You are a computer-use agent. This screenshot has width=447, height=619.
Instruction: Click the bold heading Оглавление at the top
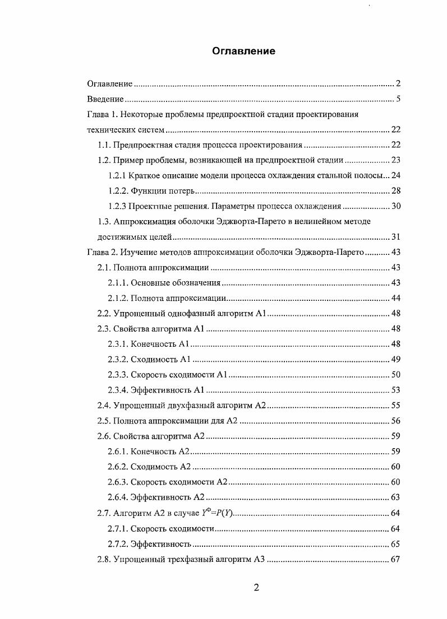[x=243, y=52]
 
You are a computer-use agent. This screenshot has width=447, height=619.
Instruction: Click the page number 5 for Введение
[x=398, y=99]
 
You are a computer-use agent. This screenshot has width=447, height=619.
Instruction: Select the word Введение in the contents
[x=105, y=99]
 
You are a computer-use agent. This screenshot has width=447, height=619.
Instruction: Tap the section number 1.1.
[x=104, y=145]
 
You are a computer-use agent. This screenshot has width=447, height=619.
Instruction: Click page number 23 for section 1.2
[x=395, y=160]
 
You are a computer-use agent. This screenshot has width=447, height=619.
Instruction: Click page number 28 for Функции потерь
[x=395, y=190]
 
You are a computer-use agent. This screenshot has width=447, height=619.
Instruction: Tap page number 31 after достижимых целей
[x=395, y=237]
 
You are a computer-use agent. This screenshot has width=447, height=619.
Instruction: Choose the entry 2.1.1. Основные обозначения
[x=164, y=283]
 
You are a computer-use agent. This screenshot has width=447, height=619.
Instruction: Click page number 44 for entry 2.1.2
[x=395, y=298]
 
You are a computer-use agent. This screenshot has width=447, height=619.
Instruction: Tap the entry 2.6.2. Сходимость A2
[x=149, y=467]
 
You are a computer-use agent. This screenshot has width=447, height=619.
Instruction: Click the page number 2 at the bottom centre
[x=256, y=588]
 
